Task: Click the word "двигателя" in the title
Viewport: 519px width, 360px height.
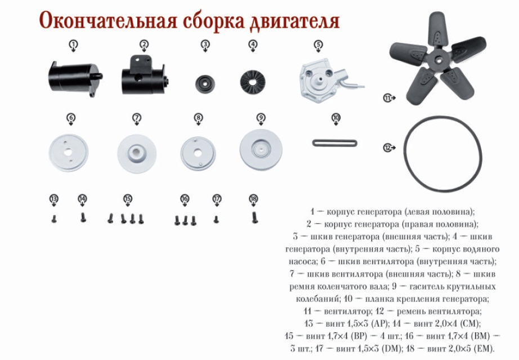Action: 294,21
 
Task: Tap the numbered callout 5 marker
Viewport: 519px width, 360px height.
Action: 318,44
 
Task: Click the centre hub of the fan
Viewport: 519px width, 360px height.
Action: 438,60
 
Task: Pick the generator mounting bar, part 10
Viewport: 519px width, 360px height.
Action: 334,143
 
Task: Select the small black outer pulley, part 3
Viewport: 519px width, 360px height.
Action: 205,83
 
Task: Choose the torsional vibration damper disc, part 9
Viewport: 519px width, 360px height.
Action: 261,150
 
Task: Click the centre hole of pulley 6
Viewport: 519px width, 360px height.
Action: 68,152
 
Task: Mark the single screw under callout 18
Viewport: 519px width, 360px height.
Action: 254,217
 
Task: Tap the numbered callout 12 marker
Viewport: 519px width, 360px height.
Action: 387,148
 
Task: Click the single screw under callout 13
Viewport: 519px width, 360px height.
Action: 54,219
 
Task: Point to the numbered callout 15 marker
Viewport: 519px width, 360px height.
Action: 127,198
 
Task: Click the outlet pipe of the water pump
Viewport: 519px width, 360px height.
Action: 351,81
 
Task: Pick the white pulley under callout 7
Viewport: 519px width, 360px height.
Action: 137,153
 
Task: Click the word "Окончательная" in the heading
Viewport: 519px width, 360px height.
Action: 108,20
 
